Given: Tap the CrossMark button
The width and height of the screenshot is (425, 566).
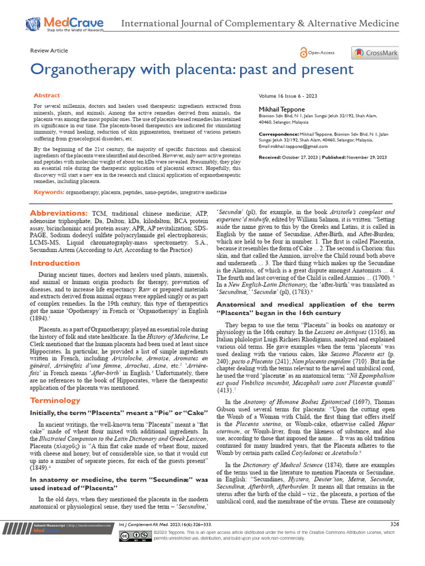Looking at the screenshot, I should [x=375, y=53].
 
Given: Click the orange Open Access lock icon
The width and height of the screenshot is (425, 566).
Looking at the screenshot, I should [x=303, y=53].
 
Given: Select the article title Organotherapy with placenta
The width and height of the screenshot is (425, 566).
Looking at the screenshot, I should [x=191, y=69].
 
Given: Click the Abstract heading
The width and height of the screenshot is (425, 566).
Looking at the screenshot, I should [x=47, y=96].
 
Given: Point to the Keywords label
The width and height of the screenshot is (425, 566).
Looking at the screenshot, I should [x=49, y=192].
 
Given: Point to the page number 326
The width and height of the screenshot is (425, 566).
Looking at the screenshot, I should [x=395, y=523].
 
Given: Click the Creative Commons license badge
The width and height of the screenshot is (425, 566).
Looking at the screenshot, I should [x=135, y=535].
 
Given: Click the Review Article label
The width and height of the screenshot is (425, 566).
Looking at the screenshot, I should [x=49, y=50].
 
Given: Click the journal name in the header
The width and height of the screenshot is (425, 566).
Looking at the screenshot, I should [x=260, y=24].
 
